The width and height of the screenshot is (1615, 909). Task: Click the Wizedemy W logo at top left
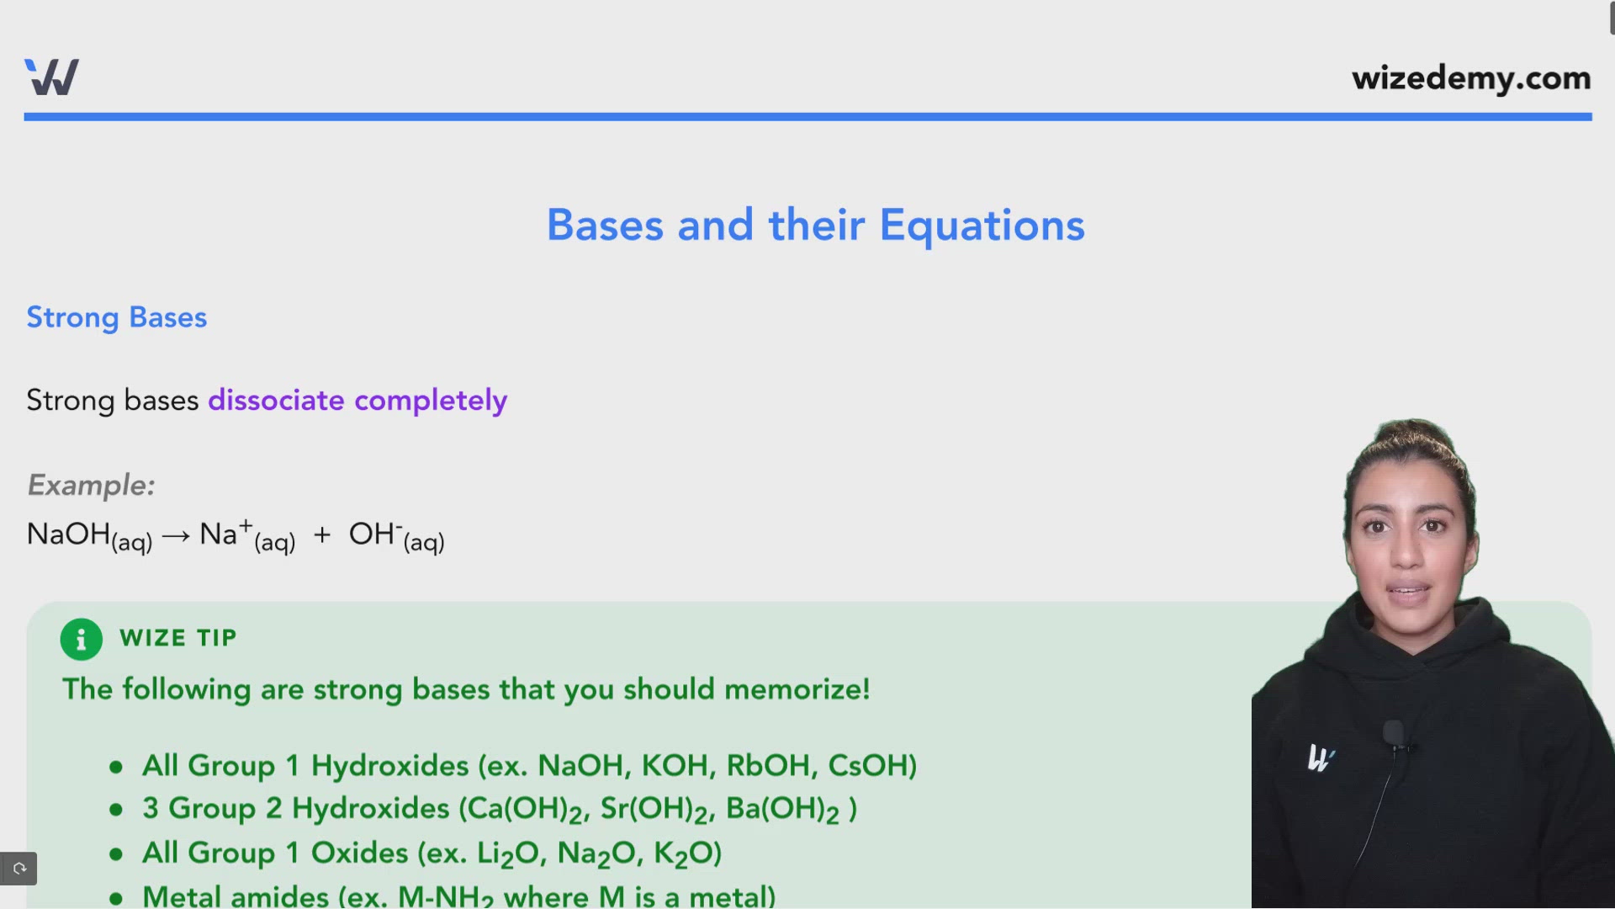[51, 77]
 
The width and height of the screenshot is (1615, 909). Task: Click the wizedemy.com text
[1471, 78]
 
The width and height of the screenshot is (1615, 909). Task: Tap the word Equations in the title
[982, 226]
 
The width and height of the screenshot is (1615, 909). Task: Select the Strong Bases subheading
[116, 317]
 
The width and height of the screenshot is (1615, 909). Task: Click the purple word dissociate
[276, 400]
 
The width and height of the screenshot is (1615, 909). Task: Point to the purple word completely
[431, 401]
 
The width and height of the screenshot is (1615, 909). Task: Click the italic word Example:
[91, 485]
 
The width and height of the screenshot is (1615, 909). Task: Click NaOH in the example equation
[69, 534]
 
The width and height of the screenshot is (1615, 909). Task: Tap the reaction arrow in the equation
[176, 536]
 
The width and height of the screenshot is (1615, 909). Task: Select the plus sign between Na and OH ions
[322, 535]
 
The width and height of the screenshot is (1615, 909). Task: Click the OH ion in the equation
[373, 534]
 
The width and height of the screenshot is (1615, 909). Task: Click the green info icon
[82, 640]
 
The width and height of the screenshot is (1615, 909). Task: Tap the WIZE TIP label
[178, 638]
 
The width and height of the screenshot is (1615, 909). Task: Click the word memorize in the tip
[796, 689]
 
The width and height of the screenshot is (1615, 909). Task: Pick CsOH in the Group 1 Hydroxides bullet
[871, 766]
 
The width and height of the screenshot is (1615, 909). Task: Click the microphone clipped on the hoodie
[1393, 734]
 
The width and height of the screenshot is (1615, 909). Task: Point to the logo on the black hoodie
[1320, 758]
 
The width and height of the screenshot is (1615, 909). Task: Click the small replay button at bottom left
[19, 869]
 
